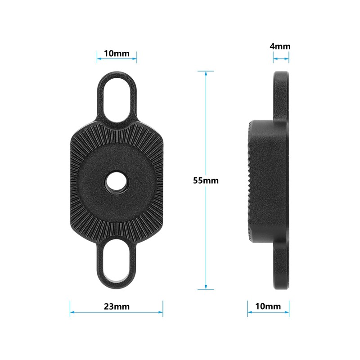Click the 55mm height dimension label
coord(206,180)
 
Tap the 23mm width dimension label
coord(117,306)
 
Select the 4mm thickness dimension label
coord(280,46)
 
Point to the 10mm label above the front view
coord(117,54)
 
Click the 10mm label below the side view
coord(268,306)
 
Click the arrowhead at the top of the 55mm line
coord(206,73)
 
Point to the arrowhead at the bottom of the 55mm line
coord(206,287)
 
